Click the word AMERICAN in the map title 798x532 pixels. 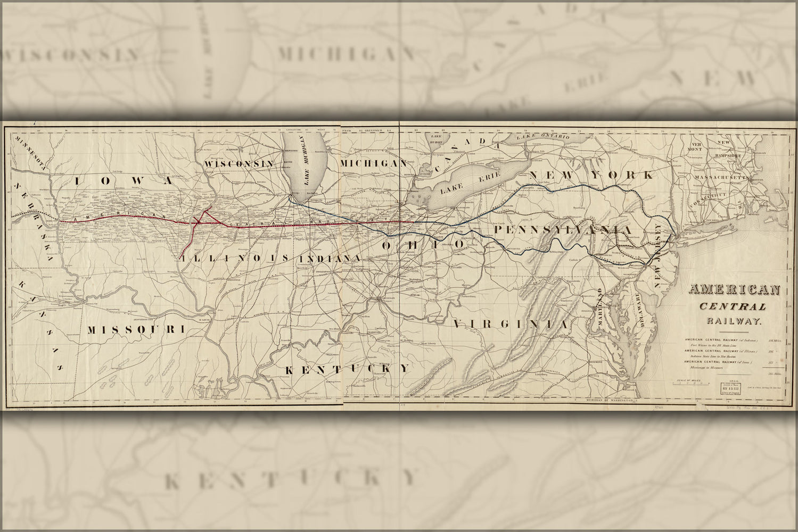pyautogui.click(x=734, y=290)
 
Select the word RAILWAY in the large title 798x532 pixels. pyautogui.click(x=734, y=321)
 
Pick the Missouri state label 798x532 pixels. pyautogui.click(x=135, y=330)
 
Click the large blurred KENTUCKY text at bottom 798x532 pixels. pyautogui.click(x=290, y=480)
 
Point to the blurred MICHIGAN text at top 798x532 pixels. pyautogui.click(x=345, y=54)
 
